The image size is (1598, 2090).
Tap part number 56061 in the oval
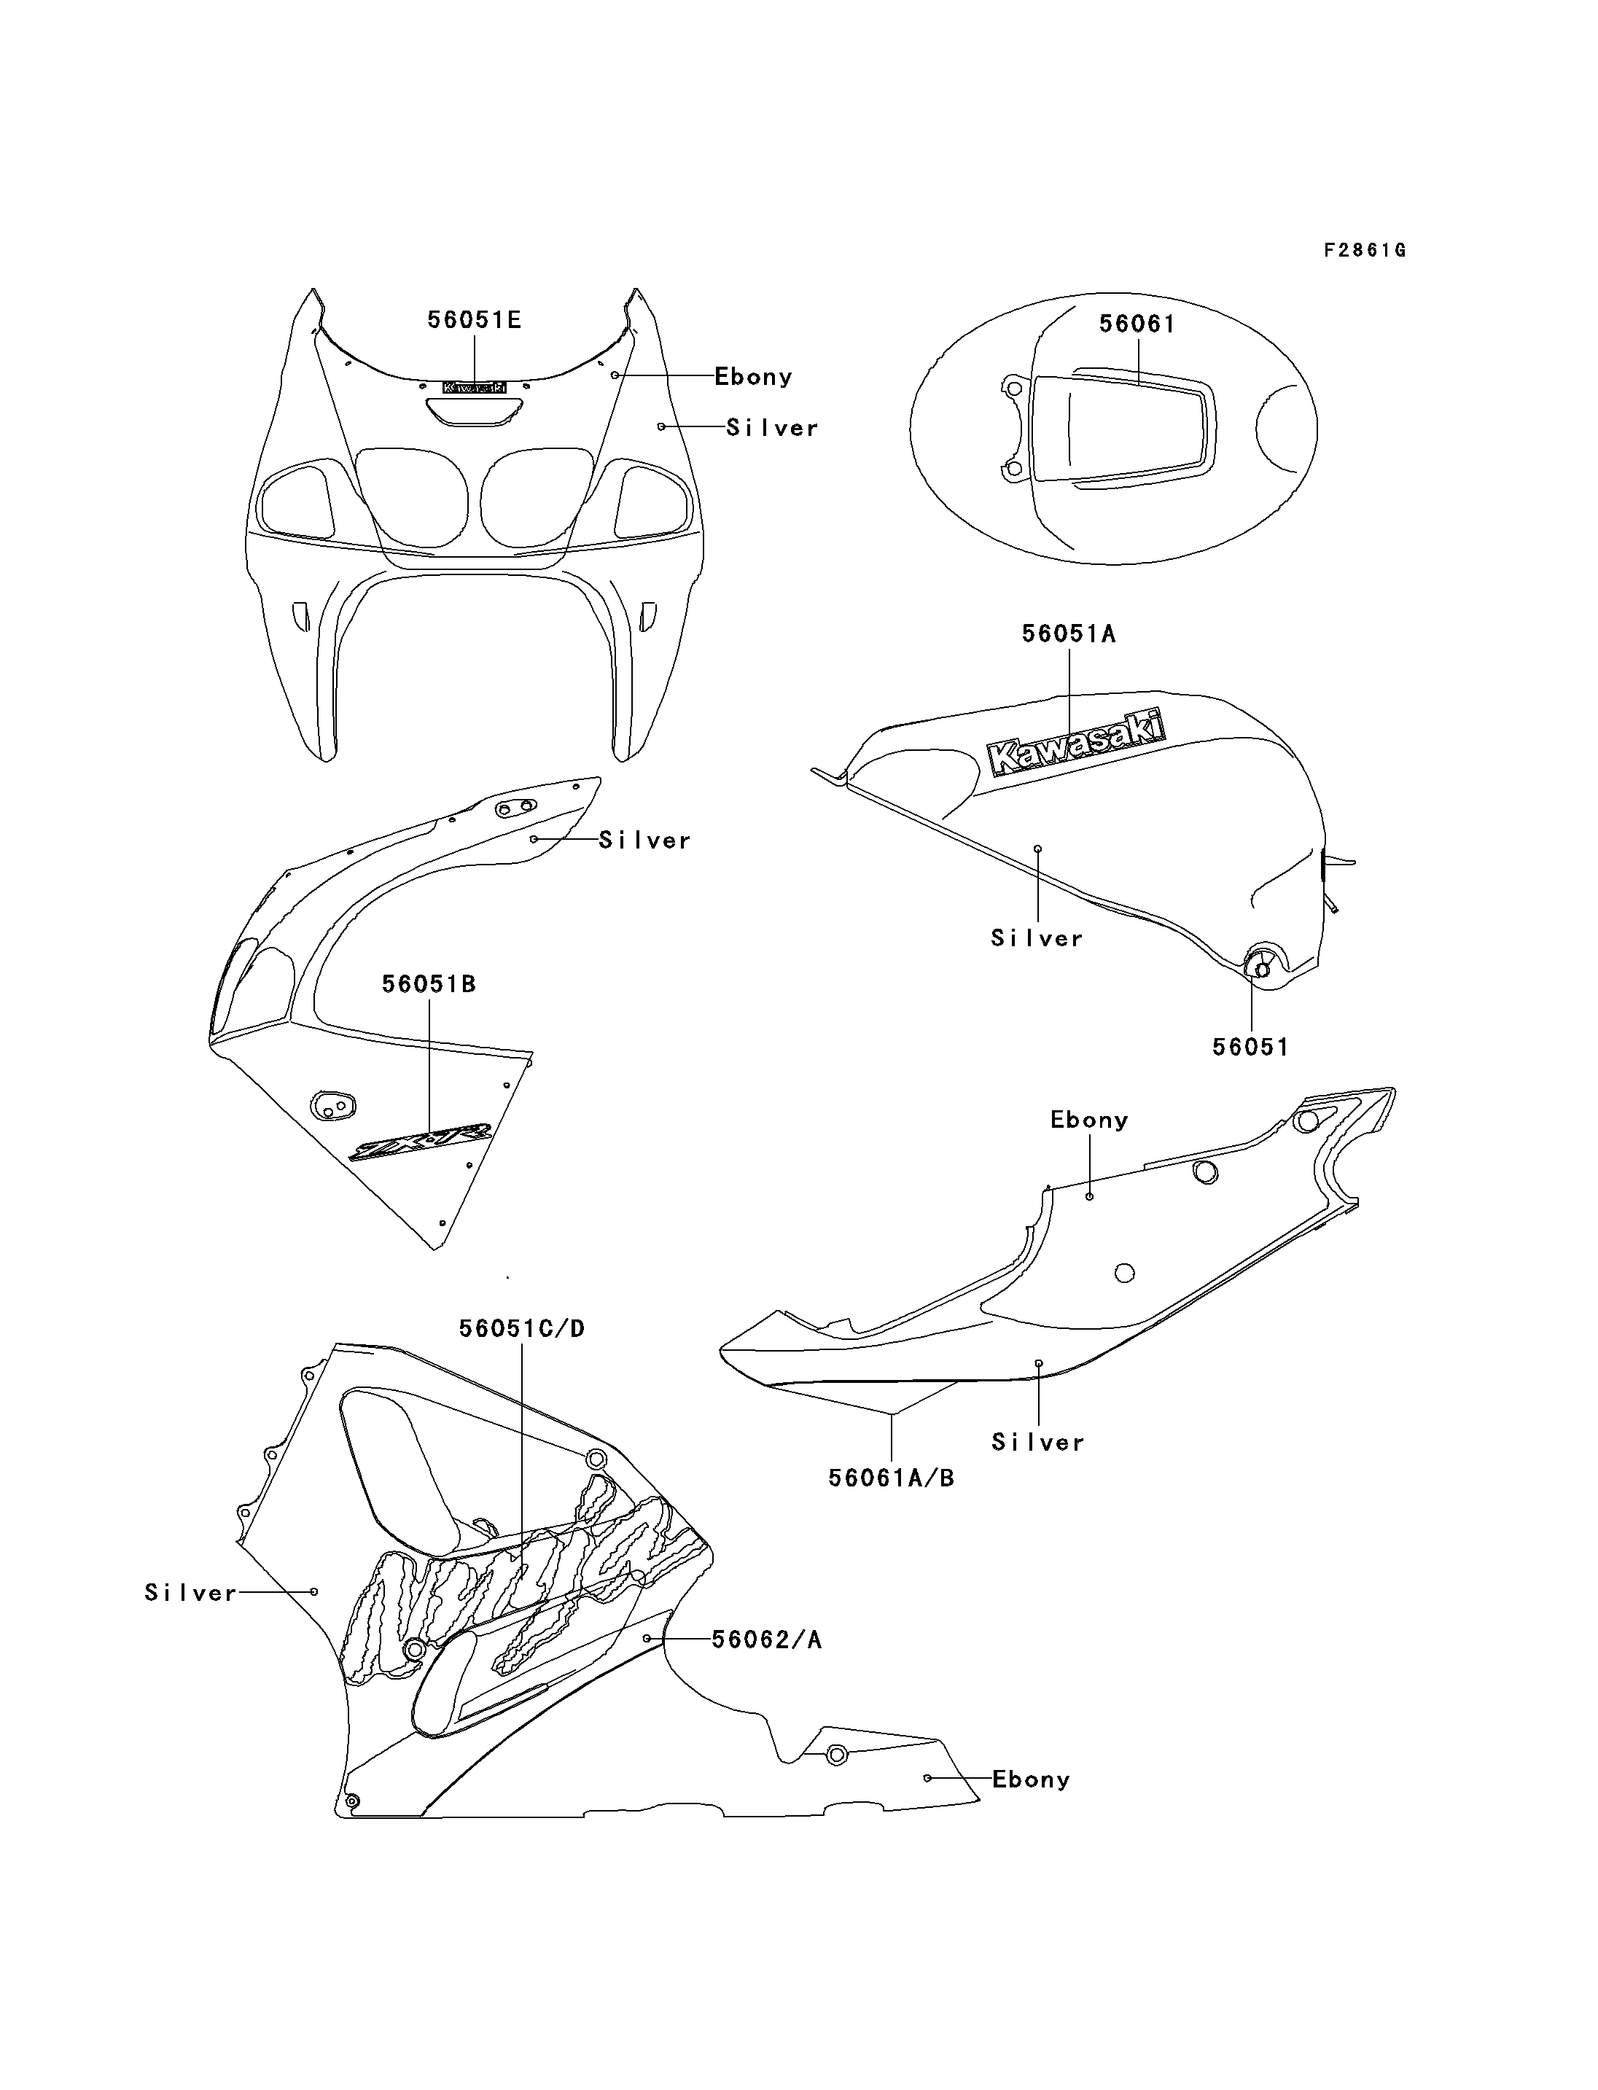pos(1137,324)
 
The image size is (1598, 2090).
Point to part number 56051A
pos(1068,633)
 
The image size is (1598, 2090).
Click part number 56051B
pos(429,983)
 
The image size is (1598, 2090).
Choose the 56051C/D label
pos(521,1328)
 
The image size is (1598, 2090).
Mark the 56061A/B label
pos(892,1478)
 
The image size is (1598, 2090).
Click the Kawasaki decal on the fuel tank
pos(1076,743)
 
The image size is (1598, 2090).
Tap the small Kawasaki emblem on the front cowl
pos(474,387)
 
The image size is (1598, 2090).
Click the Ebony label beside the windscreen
pos(753,377)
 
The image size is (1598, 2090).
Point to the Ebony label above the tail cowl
pos(1089,1120)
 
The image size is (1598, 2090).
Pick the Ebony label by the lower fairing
pos(1031,1779)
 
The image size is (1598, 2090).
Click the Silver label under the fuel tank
pos(1037,938)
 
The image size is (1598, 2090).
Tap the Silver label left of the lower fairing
pos(190,1593)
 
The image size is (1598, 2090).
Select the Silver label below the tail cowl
pos(1037,1442)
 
